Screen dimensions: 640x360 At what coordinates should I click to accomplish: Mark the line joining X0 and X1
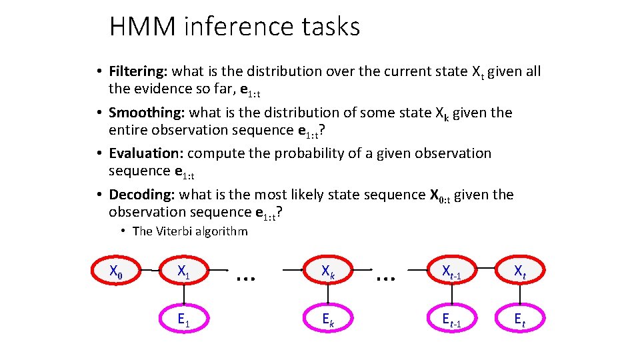(149, 271)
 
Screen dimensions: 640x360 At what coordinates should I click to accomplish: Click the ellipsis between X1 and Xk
(247, 273)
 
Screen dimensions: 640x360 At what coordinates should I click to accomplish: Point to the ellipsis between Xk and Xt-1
(385, 273)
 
